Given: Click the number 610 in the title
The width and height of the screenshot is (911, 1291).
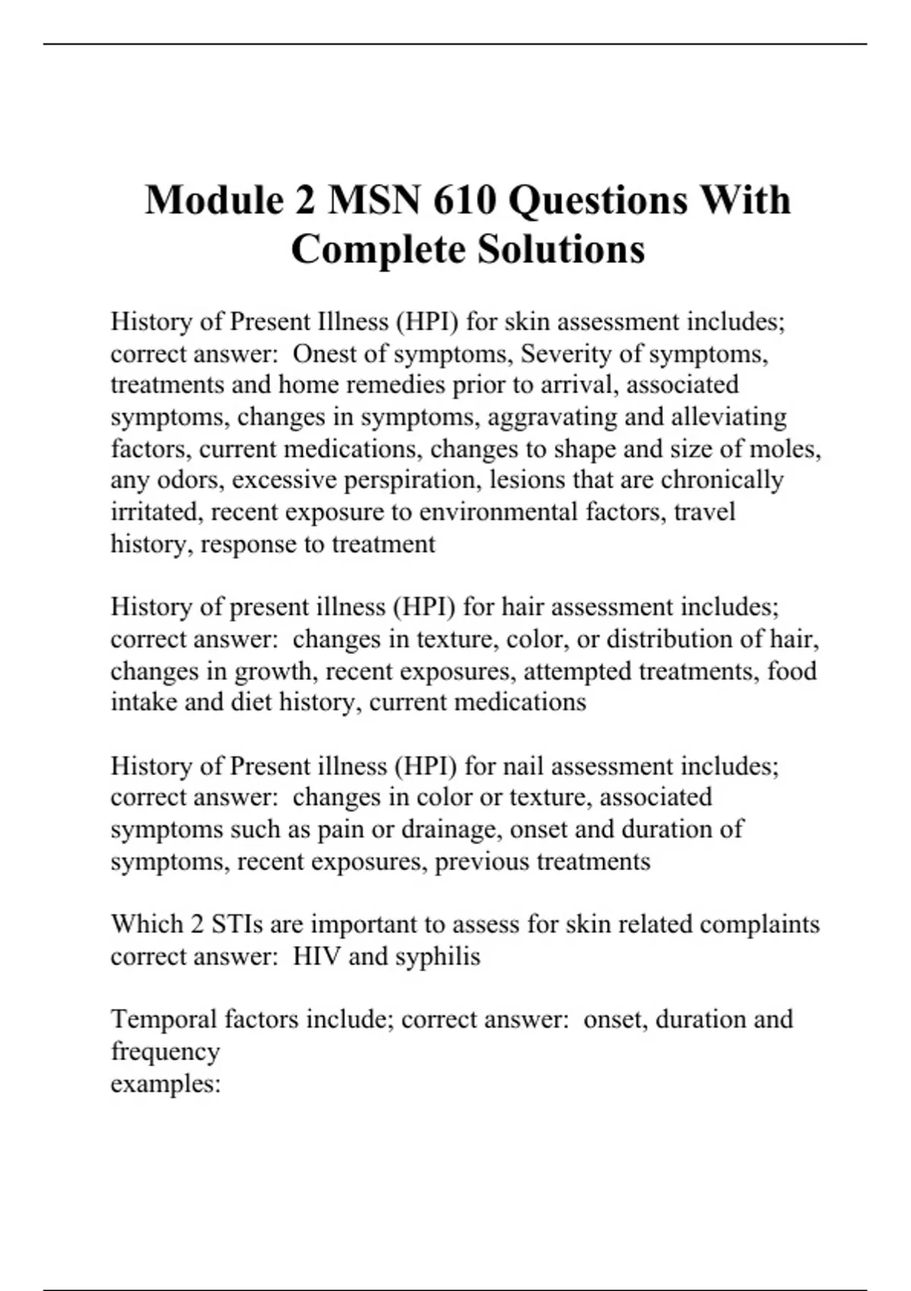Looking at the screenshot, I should [465, 200].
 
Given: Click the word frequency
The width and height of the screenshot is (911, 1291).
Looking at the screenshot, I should [165, 1052].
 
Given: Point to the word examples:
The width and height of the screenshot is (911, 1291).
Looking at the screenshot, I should [165, 1084].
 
